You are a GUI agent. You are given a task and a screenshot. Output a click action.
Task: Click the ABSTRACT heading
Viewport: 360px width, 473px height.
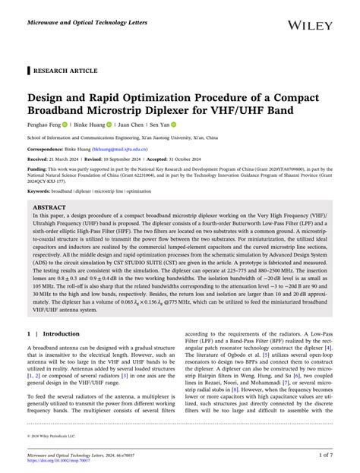(x=50, y=207)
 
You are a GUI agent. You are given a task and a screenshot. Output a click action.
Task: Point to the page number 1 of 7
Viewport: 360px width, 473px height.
(x=324, y=456)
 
